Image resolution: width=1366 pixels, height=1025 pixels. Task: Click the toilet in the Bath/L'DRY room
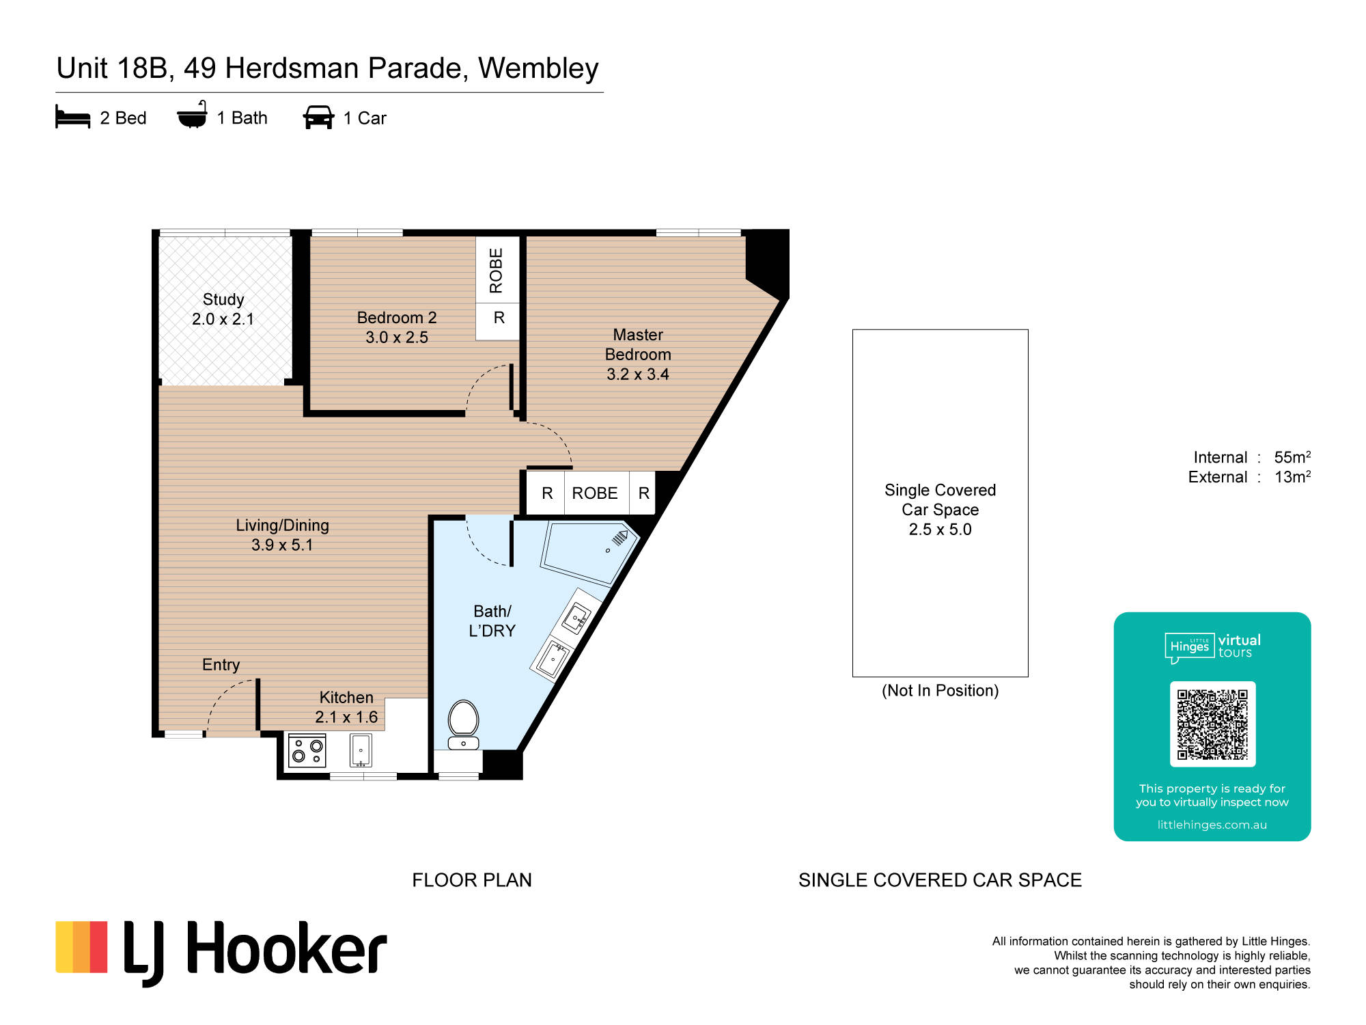pos(463,724)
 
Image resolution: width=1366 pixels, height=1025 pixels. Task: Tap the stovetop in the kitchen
pos(307,751)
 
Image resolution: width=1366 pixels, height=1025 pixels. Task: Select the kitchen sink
pos(361,750)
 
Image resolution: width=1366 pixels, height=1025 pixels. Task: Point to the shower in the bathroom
pos(589,552)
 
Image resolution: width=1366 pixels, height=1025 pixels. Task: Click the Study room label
pos(223,299)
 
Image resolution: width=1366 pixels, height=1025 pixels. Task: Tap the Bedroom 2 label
pos(397,318)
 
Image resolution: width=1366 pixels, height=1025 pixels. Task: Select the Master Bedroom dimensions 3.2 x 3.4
pos(638,374)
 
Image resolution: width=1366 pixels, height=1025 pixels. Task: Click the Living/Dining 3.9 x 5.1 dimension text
pos(282,545)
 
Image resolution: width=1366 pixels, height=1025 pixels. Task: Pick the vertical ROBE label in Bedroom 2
pos(497,271)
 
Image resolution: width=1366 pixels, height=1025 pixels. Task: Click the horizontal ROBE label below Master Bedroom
pos(595,493)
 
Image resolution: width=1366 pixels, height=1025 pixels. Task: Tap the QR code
pos(1212,724)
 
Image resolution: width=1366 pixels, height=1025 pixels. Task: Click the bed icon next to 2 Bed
pos(72,117)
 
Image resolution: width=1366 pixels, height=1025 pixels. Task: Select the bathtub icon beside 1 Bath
pos(192,115)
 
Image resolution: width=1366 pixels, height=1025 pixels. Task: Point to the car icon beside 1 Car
pos(318,118)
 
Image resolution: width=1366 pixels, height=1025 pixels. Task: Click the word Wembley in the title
pos(538,68)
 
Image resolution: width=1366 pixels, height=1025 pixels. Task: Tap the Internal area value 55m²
pos(1292,457)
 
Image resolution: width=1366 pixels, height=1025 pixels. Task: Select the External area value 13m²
pos(1292,477)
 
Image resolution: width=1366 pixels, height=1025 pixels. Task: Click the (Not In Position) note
pos(940,691)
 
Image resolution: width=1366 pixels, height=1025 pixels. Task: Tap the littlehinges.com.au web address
pos(1212,825)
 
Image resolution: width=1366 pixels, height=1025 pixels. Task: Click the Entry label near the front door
pos(221,665)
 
